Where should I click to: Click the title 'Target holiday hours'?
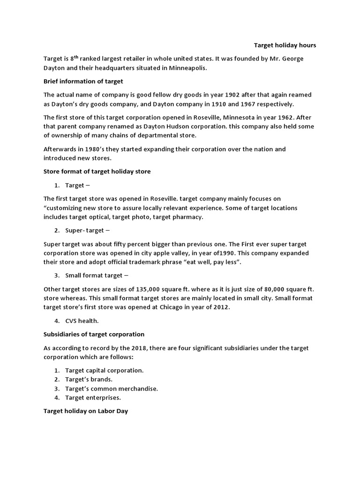[x=285, y=45]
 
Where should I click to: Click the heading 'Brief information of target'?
[x=83, y=81]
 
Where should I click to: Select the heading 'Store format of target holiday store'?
[x=97, y=172]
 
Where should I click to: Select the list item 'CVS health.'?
[x=82, y=321]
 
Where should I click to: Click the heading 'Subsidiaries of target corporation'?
[x=94, y=334]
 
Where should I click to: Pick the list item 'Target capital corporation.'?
[x=104, y=370]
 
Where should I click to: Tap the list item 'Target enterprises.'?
[x=93, y=397]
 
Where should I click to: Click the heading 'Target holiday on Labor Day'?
[x=86, y=411]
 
